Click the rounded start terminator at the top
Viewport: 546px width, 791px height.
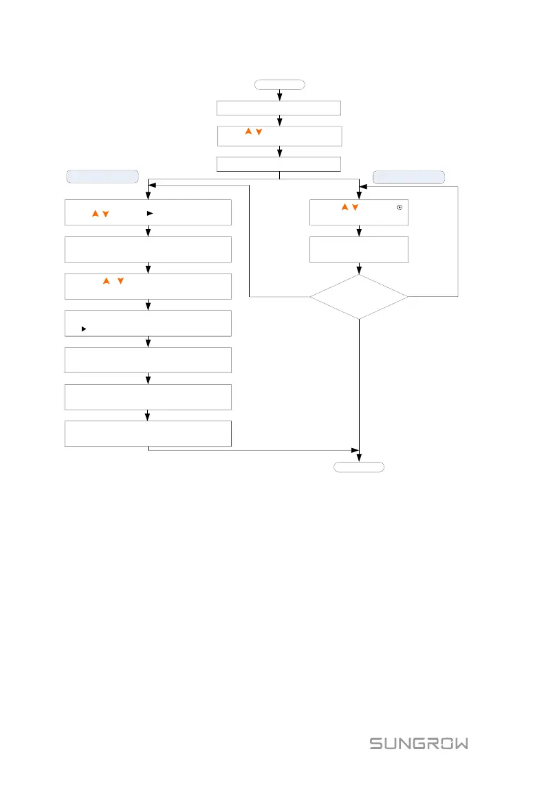click(279, 85)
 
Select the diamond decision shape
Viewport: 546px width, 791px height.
click(359, 297)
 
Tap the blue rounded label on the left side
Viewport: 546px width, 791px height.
click(102, 176)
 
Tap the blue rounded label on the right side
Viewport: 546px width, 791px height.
click(408, 177)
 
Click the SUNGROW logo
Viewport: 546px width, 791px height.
click(419, 744)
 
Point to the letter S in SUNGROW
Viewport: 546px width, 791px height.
click(376, 744)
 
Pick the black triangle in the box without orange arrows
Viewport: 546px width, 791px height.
click(83, 329)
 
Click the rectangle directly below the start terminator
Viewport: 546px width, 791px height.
click(279, 107)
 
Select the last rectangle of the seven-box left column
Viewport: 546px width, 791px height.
click(148, 434)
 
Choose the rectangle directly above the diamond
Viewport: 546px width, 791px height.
click(359, 249)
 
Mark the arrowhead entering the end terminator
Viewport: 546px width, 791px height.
click(359, 459)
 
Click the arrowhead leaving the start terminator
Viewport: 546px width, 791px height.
click(279, 97)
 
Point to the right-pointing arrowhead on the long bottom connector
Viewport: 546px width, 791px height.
click(356, 451)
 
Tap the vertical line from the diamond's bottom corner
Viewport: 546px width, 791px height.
click(359, 385)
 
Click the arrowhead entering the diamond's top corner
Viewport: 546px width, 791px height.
click(359, 271)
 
